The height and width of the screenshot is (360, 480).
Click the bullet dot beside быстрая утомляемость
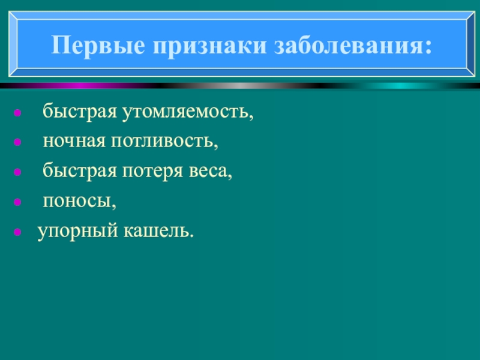tap(19, 113)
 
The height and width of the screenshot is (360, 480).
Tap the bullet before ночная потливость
tap(19, 143)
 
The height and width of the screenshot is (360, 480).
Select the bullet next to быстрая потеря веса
tap(19, 173)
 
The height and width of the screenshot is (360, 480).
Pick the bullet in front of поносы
tap(19, 202)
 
